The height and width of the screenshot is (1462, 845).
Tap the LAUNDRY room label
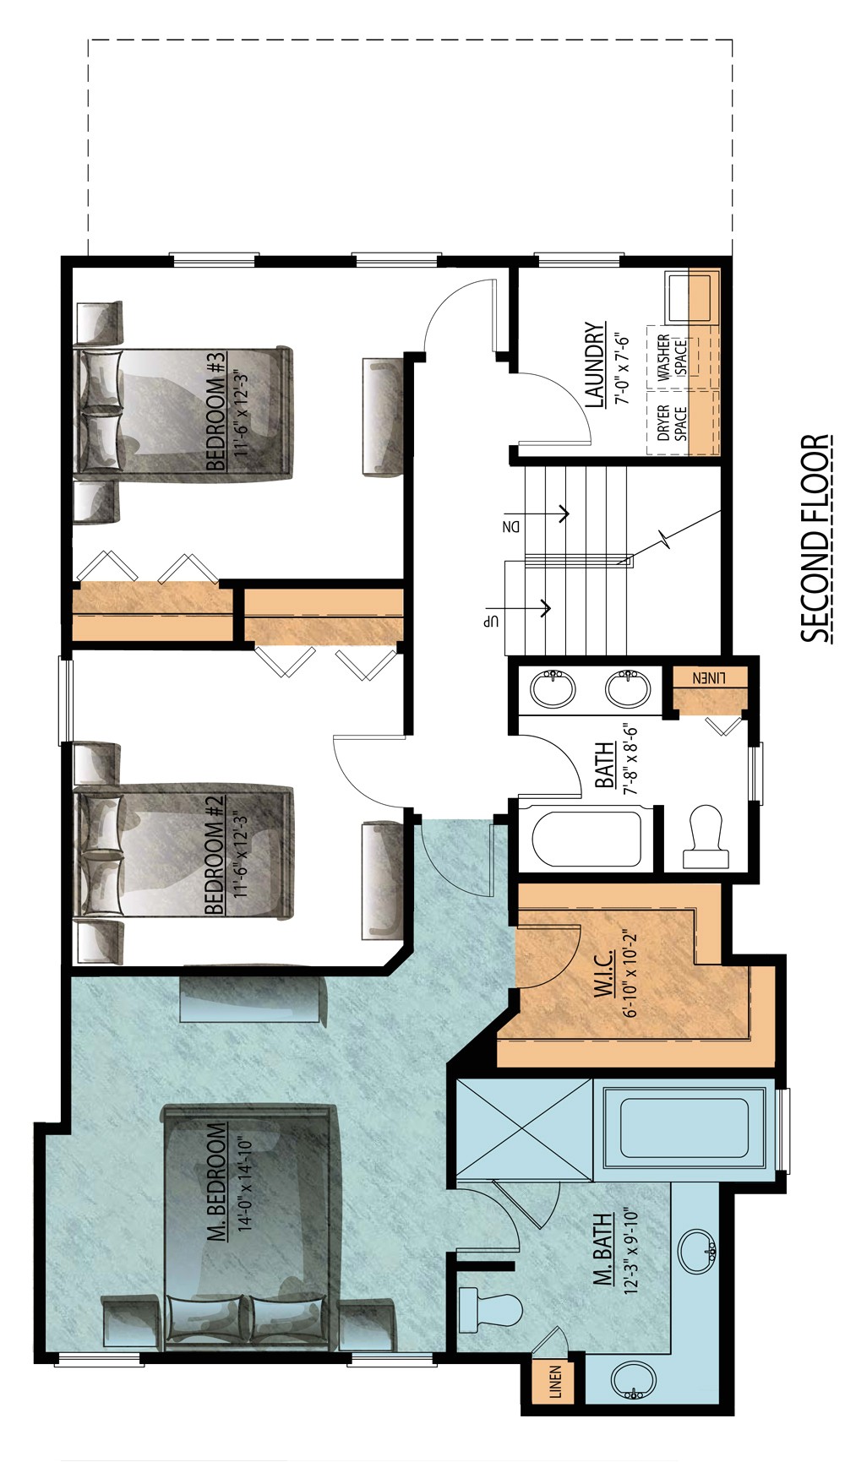[595, 365]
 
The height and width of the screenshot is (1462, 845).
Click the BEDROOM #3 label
[215, 411]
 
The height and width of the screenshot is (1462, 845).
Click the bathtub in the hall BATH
[586, 839]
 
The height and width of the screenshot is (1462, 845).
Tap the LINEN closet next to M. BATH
[554, 1382]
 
